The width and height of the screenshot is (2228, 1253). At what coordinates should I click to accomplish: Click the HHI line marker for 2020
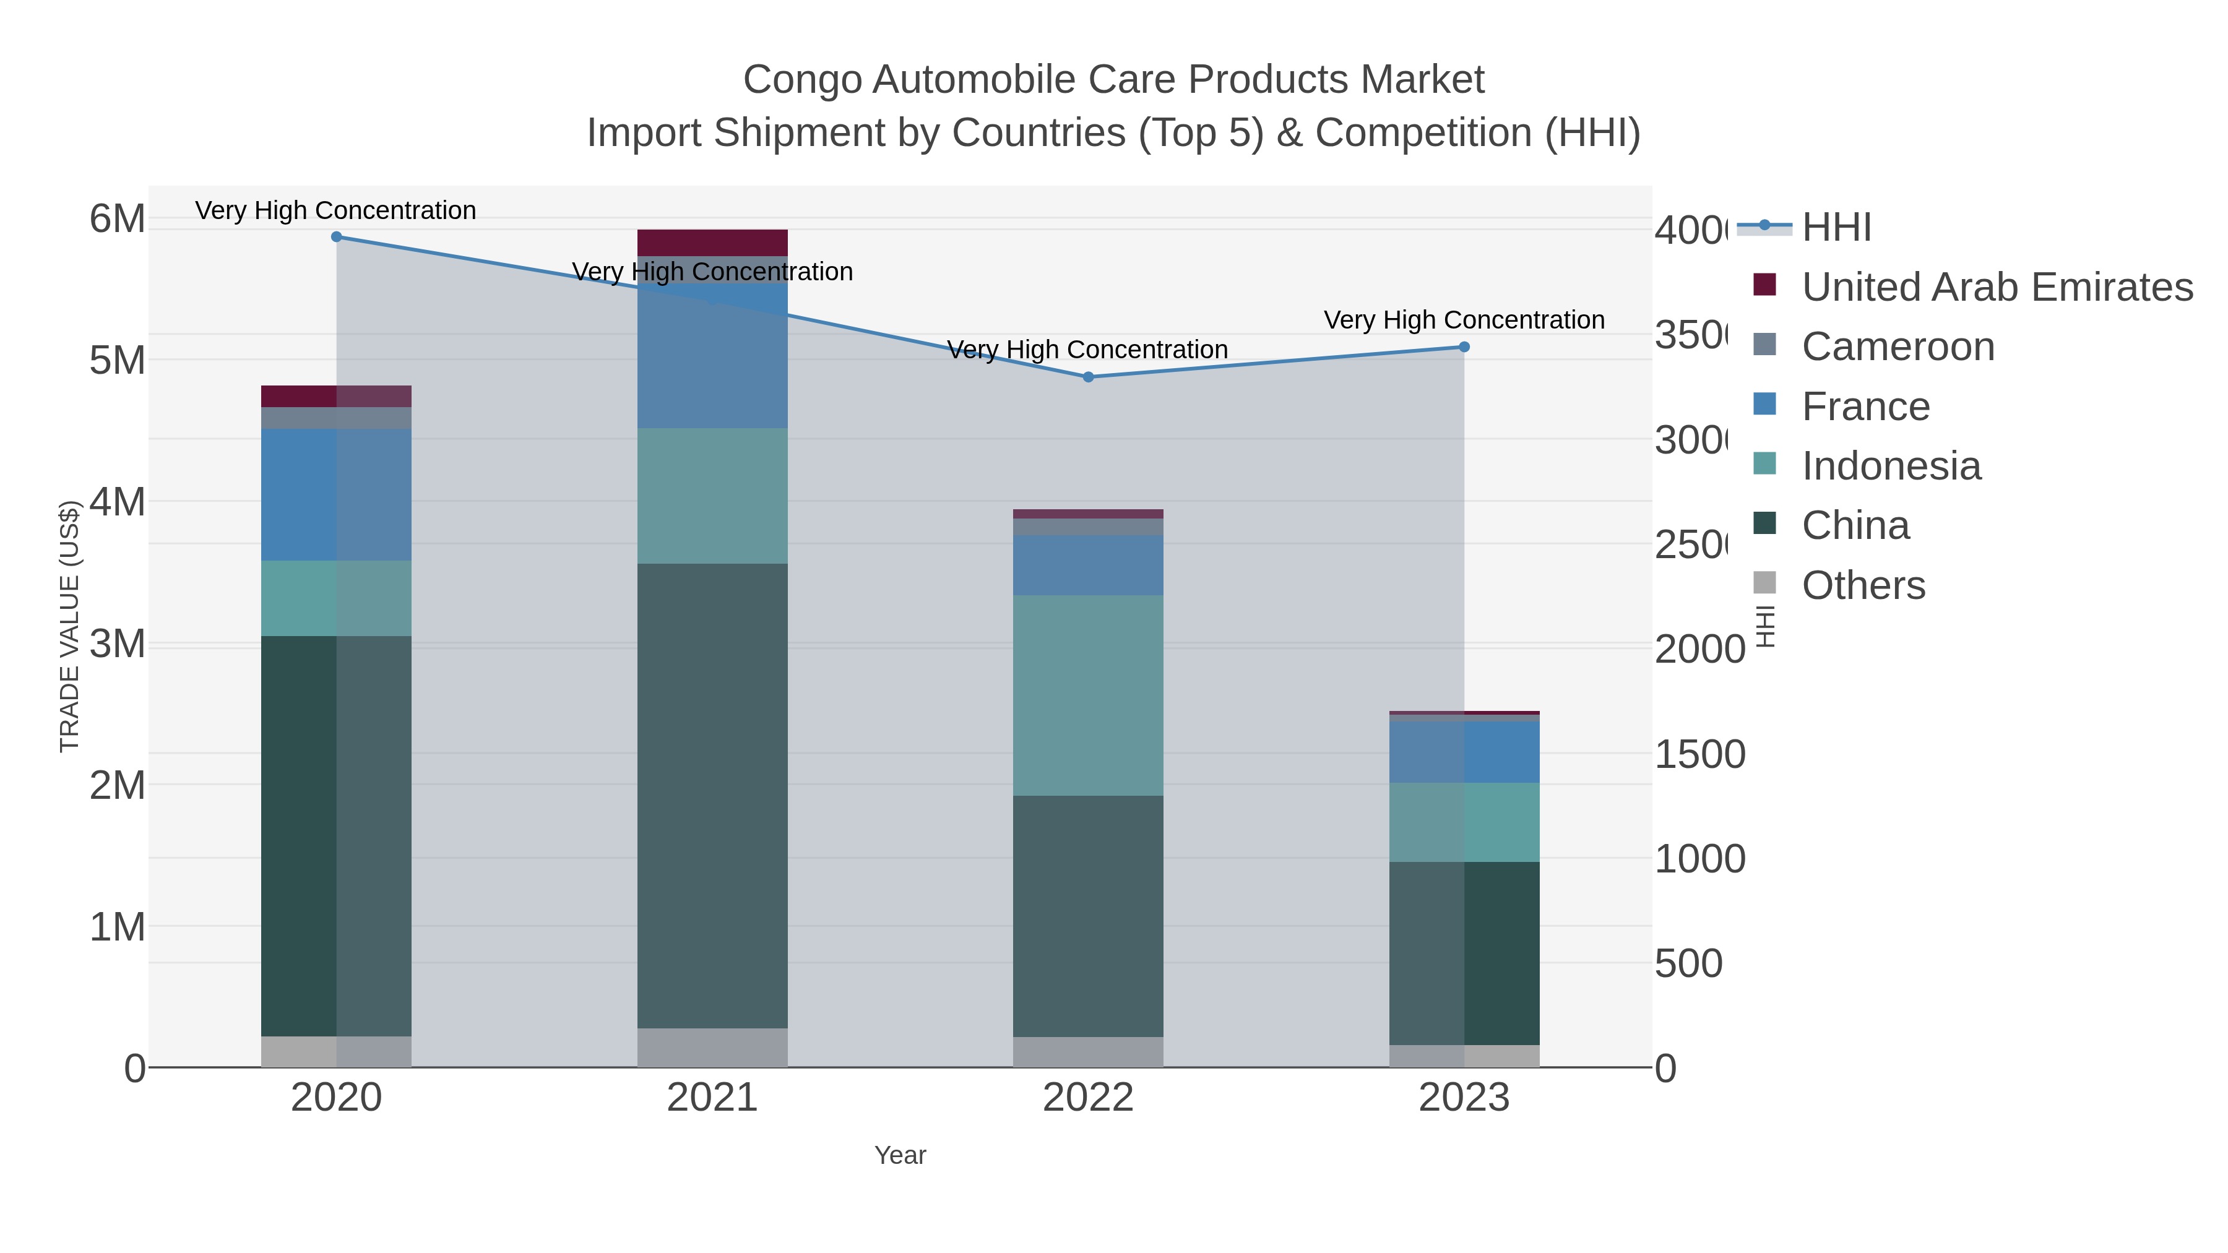point(337,237)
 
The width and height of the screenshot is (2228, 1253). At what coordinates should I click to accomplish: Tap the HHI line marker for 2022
point(1088,377)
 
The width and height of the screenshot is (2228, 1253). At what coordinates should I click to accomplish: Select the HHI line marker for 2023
point(1464,347)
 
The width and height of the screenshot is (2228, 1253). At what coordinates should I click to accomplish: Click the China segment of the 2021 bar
point(712,796)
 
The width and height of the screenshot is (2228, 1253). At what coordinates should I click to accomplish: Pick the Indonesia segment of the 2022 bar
point(1088,695)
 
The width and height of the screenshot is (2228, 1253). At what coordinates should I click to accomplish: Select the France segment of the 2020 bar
point(337,494)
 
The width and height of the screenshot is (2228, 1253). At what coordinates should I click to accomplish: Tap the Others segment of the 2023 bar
point(1464,1056)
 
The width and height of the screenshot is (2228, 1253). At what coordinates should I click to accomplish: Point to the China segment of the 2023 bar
point(1464,953)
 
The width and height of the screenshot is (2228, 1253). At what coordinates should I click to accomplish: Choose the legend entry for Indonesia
point(1891,466)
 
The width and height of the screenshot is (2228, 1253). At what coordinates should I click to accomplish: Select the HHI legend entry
point(1836,228)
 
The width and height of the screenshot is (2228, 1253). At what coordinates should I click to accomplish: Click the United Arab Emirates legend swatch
point(1764,285)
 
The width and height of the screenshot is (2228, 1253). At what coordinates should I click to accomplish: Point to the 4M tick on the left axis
point(118,502)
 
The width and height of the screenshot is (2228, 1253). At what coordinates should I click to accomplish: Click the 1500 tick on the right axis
point(1699,754)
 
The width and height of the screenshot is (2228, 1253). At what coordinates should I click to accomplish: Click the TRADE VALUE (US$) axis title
point(69,626)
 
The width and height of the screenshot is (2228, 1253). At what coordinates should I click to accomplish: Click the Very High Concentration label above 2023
point(1464,320)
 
